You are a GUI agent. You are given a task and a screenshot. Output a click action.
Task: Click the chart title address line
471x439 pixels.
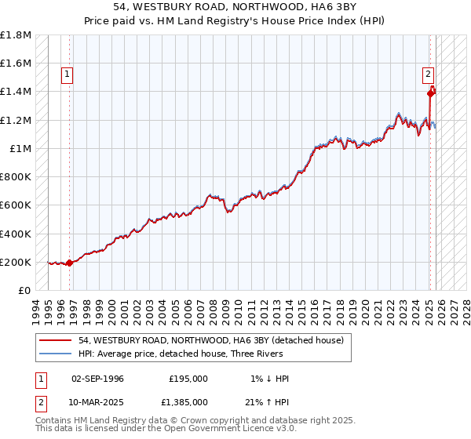click(235, 8)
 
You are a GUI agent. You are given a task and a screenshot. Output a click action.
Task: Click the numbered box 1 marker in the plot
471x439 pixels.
click(68, 75)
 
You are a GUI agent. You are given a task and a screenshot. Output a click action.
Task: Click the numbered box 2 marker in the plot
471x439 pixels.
click(429, 75)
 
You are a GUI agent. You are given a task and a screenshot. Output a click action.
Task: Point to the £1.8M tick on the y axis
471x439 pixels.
click(16, 35)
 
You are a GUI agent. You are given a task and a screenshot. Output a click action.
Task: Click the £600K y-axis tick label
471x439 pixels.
click(16, 205)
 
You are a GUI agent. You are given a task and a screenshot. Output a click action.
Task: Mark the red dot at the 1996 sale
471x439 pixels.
click(69, 263)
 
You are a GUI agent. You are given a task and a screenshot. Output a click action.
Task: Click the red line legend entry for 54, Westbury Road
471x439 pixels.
click(210, 340)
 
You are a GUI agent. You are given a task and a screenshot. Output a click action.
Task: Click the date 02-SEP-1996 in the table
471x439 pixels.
click(97, 379)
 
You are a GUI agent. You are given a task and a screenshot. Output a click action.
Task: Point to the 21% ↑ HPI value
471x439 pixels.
click(268, 401)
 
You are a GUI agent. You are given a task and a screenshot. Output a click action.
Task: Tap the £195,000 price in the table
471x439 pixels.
click(188, 379)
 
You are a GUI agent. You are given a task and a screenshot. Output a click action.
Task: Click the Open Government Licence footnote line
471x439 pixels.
click(166, 429)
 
